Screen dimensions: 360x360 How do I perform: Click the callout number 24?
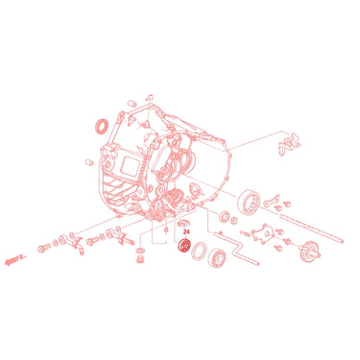click(x=186, y=232)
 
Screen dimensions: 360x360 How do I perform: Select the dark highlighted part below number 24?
click(x=184, y=247)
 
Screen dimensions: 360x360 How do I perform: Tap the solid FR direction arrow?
click(x=15, y=259)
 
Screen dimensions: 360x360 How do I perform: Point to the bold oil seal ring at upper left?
click(x=103, y=126)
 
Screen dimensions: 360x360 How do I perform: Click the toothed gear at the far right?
click(x=310, y=250)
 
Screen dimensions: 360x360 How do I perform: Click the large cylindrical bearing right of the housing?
click(x=249, y=202)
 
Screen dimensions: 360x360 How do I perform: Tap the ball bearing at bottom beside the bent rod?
click(x=216, y=257)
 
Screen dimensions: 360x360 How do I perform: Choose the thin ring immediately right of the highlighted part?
click(x=199, y=252)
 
